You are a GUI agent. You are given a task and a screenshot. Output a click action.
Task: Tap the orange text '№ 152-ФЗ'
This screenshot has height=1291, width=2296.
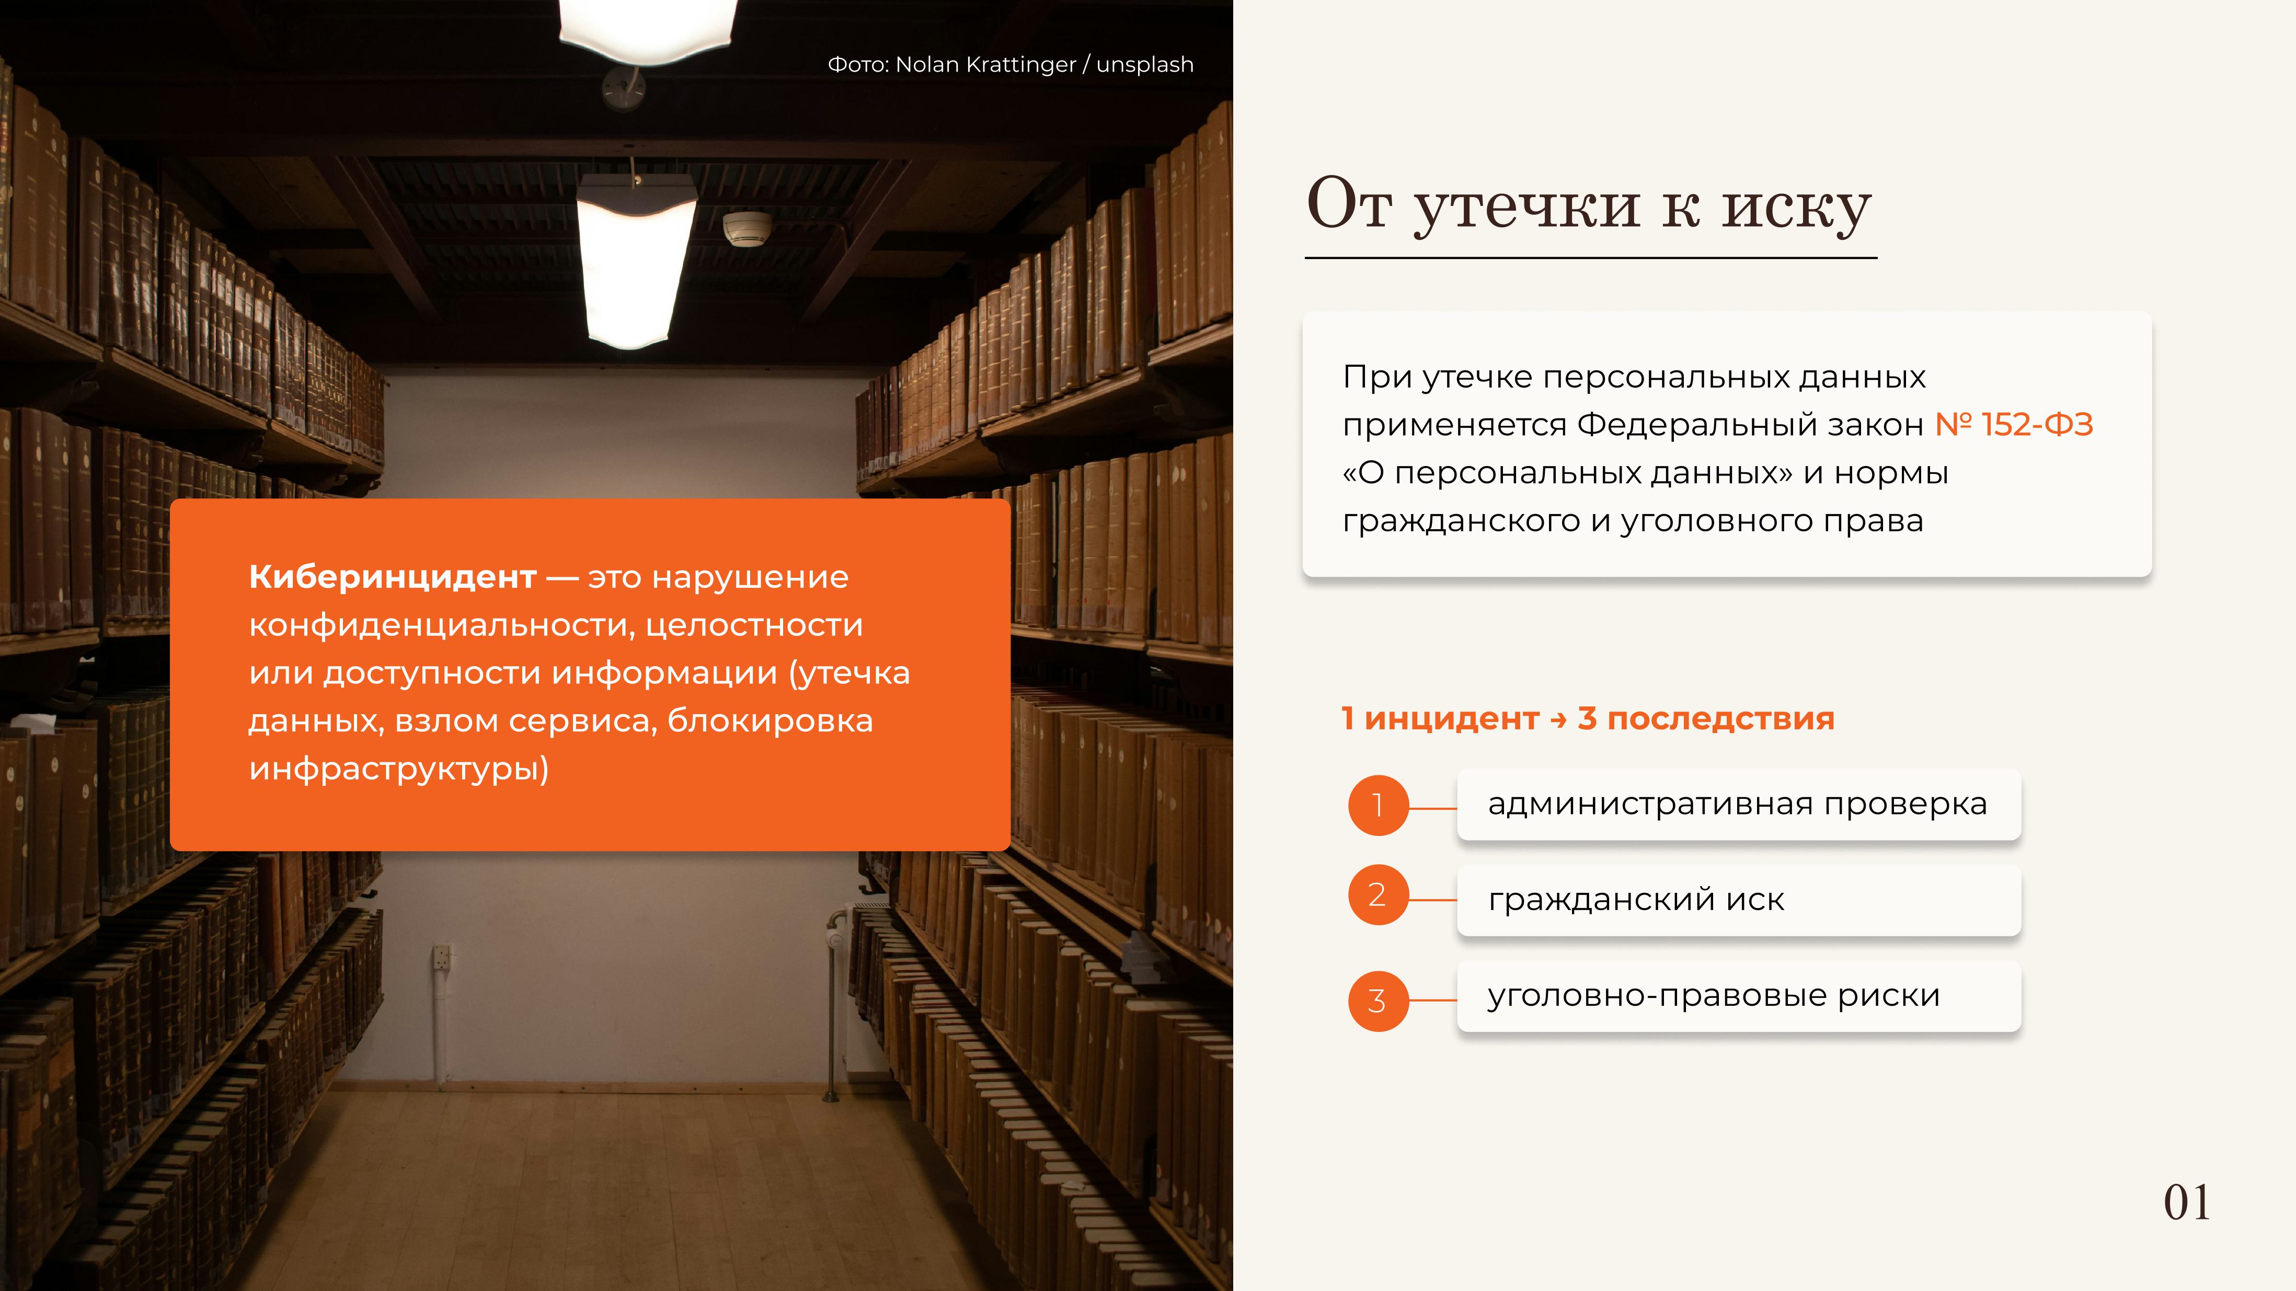[2014, 425]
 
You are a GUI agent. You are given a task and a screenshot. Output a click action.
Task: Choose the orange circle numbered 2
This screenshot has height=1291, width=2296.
[1378, 894]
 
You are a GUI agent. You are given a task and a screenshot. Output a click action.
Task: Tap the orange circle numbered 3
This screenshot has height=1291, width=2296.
[1378, 1001]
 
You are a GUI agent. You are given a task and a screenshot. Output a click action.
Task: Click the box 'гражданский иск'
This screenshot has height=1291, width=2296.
[1739, 900]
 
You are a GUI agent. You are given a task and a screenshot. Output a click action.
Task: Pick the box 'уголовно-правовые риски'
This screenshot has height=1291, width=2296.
[1739, 995]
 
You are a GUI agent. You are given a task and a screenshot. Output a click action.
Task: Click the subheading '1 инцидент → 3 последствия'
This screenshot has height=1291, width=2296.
[1588, 718]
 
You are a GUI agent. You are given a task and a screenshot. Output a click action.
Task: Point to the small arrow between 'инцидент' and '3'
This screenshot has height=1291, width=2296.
[1558, 720]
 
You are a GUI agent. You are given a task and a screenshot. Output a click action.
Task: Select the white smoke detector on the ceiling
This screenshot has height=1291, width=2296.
[747, 228]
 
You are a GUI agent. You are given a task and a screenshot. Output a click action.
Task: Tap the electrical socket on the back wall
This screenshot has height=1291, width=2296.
[442, 957]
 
